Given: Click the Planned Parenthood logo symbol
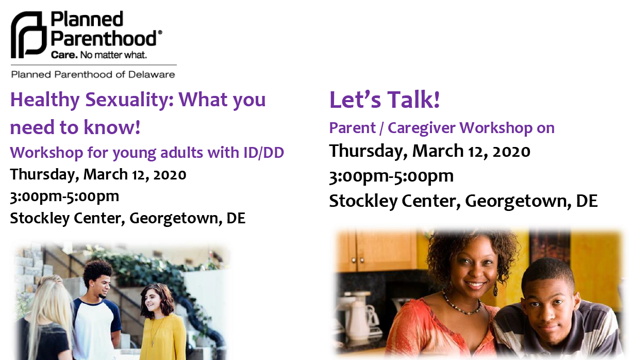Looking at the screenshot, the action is click(x=28, y=35).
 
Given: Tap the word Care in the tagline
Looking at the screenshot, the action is click(x=64, y=55).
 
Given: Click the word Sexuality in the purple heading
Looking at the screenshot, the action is click(x=129, y=100).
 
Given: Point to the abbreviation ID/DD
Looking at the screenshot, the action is click(x=263, y=153).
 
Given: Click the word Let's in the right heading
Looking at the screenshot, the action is click(x=355, y=100).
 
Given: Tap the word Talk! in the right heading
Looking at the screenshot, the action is click(x=413, y=100).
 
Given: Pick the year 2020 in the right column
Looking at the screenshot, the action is click(x=511, y=151).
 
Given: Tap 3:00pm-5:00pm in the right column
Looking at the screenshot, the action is click(x=391, y=176).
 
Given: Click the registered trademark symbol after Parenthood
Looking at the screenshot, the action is click(x=160, y=32).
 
